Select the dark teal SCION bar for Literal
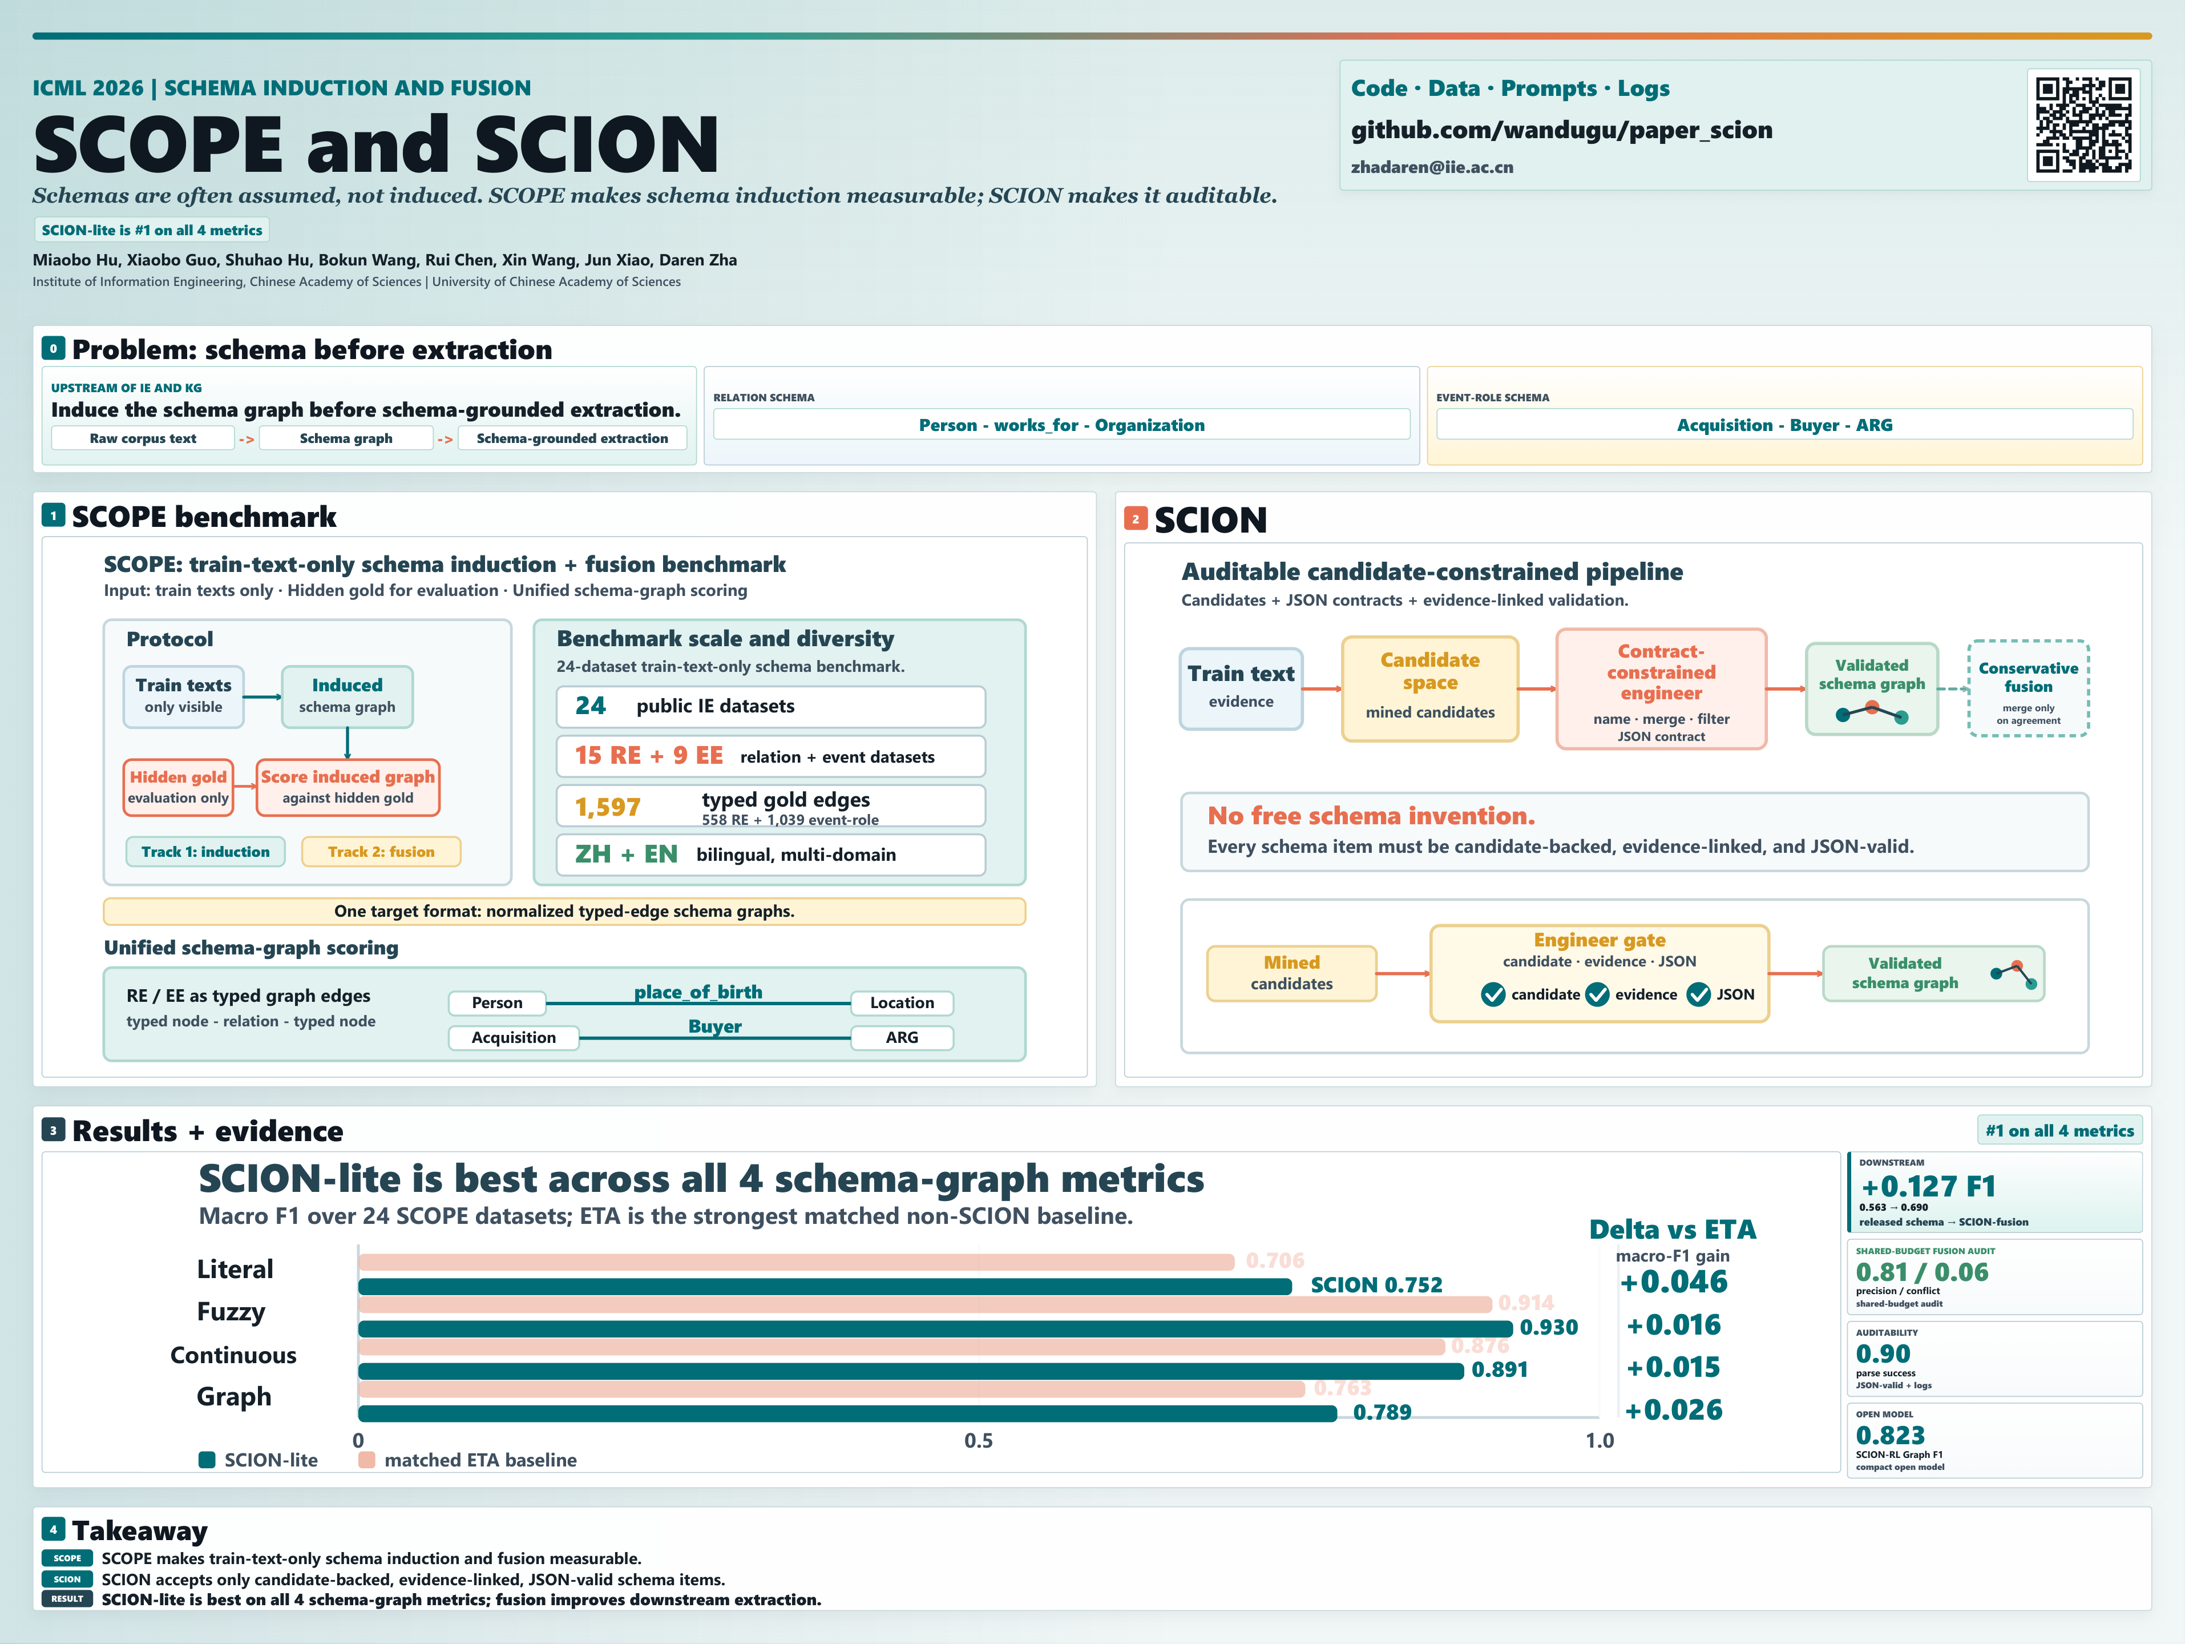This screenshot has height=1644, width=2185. click(x=825, y=1286)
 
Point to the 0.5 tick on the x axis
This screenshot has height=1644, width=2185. click(x=978, y=1440)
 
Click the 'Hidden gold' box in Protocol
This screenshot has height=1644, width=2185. click(x=178, y=787)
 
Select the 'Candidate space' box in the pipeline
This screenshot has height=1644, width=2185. click(x=1429, y=688)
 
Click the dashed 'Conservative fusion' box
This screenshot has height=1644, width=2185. click(x=2028, y=688)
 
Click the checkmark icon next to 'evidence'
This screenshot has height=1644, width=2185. click(x=1597, y=994)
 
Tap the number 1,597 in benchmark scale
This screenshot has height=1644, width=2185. click(x=608, y=807)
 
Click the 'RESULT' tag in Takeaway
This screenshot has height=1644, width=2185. click(x=67, y=1598)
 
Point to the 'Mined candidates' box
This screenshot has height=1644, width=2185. click(x=1291, y=973)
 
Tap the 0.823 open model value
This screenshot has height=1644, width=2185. click(x=1891, y=1436)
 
